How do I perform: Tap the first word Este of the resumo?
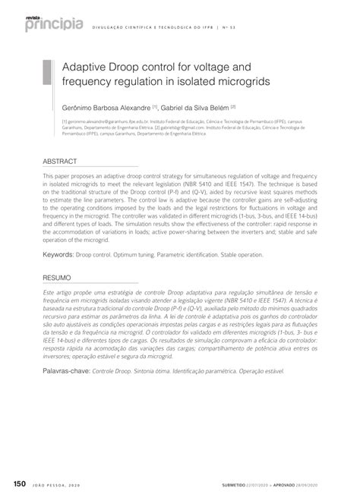(x=49, y=292)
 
